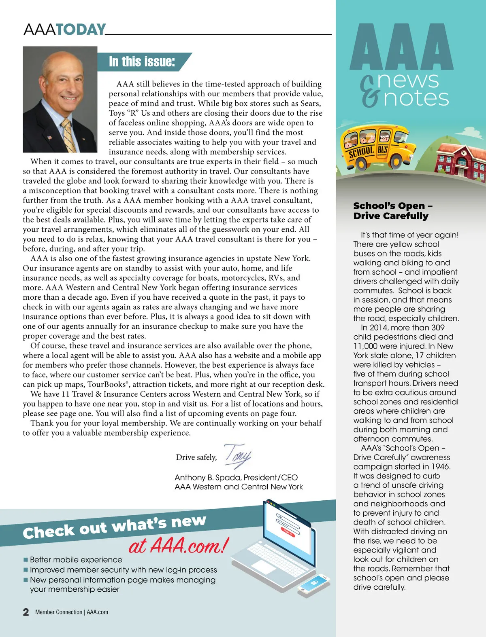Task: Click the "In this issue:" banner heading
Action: (142, 62)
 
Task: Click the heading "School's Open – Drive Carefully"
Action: (391, 211)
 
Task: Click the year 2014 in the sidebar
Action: (379, 328)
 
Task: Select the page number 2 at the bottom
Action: (26, 612)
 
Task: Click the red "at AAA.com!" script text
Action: (179, 546)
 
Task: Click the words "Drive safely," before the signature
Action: (196, 457)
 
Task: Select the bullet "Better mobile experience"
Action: (76, 560)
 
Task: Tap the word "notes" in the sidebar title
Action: (416, 98)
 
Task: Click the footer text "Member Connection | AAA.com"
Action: (72, 612)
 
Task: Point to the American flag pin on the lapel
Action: (50, 137)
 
